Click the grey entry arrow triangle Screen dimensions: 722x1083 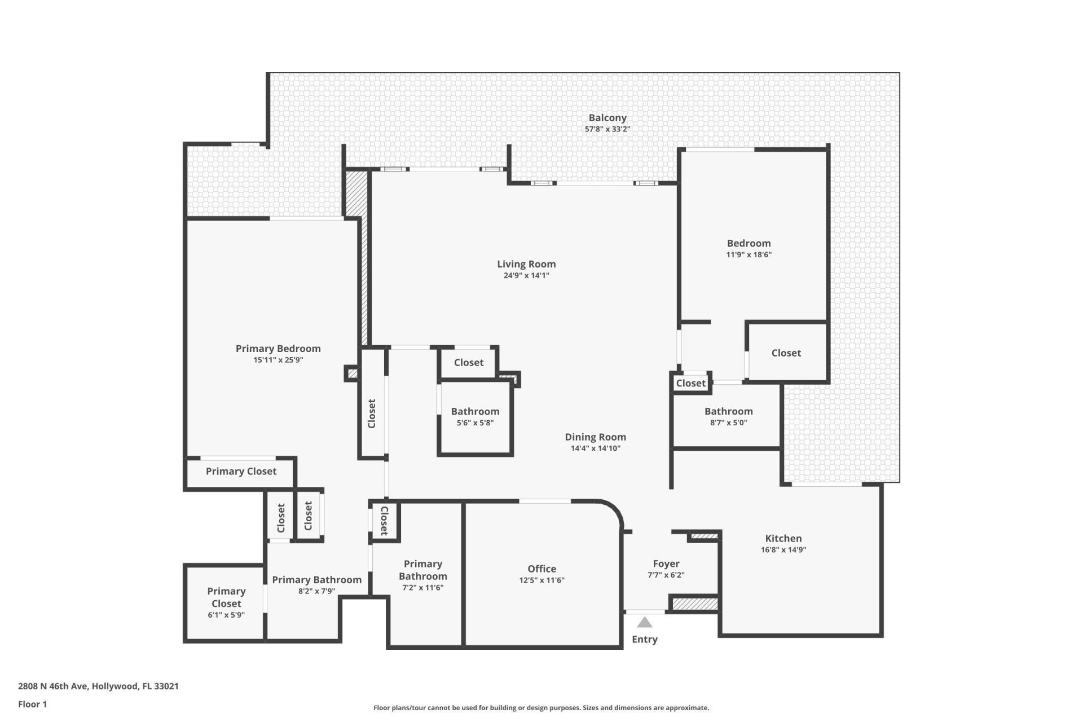pyautogui.click(x=645, y=623)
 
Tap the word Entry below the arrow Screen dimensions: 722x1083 pyautogui.click(x=645, y=639)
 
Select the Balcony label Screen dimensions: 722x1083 pyautogui.click(x=607, y=118)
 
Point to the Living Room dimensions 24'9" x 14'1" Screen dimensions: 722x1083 pyautogui.click(x=526, y=276)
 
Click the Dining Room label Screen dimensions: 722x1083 pyautogui.click(x=595, y=437)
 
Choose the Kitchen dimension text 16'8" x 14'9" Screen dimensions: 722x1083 pyautogui.click(x=783, y=550)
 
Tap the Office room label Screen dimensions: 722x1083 pyautogui.click(x=541, y=569)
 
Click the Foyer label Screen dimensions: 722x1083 pyautogui.click(x=666, y=563)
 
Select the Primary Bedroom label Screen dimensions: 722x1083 pyautogui.click(x=278, y=349)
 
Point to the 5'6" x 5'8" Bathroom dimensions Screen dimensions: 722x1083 pyautogui.click(x=475, y=423)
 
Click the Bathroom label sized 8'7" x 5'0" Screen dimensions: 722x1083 pyautogui.click(x=728, y=411)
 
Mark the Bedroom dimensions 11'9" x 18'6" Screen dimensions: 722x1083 pyautogui.click(x=749, y=255)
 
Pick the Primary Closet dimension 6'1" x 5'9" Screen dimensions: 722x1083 pyautogui.click(x=226, y=615)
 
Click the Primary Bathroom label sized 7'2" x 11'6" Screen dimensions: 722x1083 pyautogui.click(x=422, y=570)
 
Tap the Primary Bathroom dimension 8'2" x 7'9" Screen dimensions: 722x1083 pyautogui.click(x=316, y=592)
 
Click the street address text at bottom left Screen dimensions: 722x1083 pyautogui.click(x=98, y=686)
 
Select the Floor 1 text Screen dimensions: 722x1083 pyautogui.click(x=32, y=704)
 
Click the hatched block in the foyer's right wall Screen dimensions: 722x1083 pyautogui.click(x=695, y=604)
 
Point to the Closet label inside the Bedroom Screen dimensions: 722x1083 pyautogui.click(x=786, y=353)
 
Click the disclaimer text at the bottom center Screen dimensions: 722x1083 pyautogui.click(x=541, y=708)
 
